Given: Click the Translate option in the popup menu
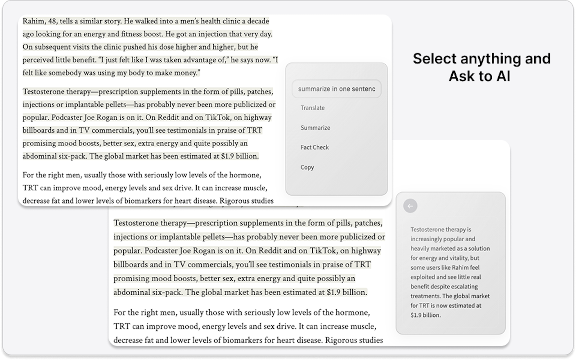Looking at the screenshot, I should pos(312,108).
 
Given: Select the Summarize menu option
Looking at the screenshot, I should pos(315,128).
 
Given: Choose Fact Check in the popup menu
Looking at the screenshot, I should pos(315,147).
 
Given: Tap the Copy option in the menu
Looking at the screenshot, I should pos(307,167).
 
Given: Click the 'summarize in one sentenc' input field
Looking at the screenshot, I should pos(336,89).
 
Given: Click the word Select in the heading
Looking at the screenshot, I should pos(435,58).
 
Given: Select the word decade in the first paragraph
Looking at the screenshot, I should pos(256,21).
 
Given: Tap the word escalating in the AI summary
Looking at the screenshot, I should pos(463,286).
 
